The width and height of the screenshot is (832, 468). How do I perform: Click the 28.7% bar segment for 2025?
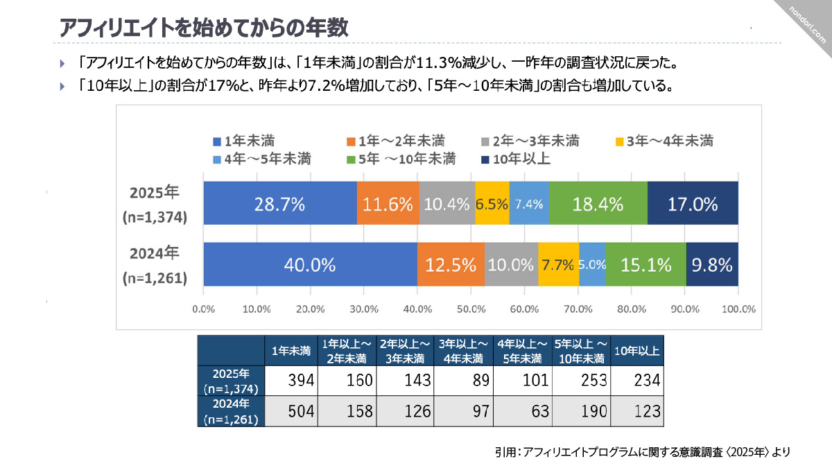[x=279, y=204]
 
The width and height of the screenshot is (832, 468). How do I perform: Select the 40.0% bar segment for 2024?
[x=309, y=265]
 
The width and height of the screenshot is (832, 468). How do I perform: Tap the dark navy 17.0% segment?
[x=692, y=204]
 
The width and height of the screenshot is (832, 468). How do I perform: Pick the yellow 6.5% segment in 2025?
[x=492, y=204]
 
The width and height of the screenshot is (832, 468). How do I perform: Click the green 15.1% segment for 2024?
[x=645, y=265]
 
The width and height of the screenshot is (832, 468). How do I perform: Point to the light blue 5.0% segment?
[x=592, y=265]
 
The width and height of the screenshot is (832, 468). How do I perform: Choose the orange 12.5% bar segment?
[x=450, y=265]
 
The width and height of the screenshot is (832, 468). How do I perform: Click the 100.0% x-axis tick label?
[x=738, y=309]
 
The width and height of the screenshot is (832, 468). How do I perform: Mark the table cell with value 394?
[x=292, y=380]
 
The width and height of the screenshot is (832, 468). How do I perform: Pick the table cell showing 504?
[x=292, y=411]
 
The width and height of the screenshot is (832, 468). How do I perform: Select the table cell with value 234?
[x=637, y=380]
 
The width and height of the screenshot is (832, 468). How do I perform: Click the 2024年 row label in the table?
[x=231, y=411]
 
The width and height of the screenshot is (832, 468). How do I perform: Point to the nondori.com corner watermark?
[x=808, y=24]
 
